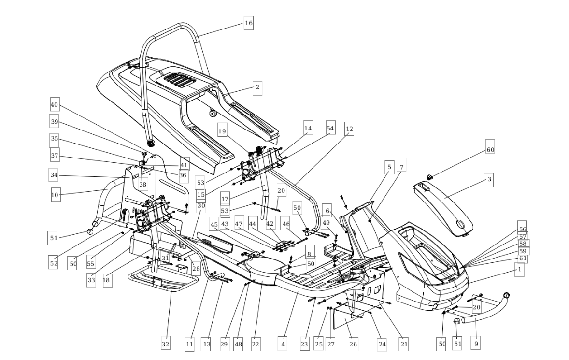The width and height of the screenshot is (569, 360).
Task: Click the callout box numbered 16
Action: (x=249, y=23)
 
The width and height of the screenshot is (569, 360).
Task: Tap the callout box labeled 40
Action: (x=54, y=104)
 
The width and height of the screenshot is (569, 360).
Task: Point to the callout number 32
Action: (x=166, y=343)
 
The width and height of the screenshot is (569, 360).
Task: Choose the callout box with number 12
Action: (x=349, y=129)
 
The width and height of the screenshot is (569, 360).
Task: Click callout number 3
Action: (x=489, y=180)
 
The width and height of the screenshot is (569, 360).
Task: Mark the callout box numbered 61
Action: (x=523, y=259)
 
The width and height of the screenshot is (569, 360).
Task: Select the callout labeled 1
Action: (x=519, y=269)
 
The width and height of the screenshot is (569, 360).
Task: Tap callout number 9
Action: (x=476, y=343)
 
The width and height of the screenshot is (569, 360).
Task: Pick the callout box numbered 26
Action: (x=353, y=344)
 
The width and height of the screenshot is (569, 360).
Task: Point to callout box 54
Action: (x=330, y=128)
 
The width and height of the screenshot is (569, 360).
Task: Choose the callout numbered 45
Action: (x=214, y=224)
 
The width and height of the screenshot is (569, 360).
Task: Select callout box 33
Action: (x=91, y=280)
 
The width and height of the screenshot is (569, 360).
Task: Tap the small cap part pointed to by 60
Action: (x=430, y=177)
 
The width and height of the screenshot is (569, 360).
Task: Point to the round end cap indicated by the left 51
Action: (x=91, y=231)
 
